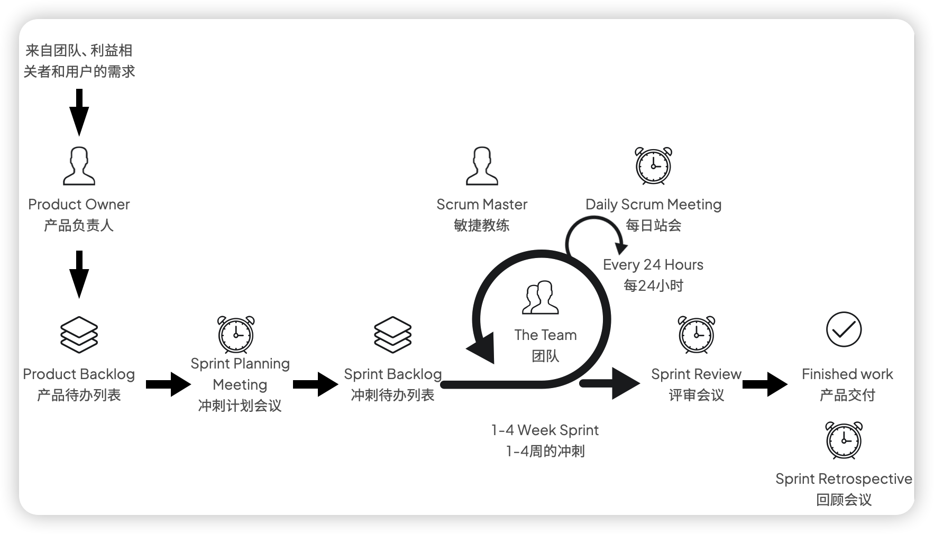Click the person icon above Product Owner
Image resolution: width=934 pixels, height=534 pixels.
tap(79, 166)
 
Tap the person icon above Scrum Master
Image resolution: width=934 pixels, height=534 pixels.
tap(482, 166)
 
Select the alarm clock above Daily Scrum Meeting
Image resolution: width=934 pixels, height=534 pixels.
tap(653, 166)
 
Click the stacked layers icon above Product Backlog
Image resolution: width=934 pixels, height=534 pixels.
tap(79, 335)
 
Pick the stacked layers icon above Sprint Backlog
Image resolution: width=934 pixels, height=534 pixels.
tap(392, 335)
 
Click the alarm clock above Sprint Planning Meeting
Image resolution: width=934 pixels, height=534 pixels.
tap(236, 335)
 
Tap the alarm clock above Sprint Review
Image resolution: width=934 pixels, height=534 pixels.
tap(697, 335)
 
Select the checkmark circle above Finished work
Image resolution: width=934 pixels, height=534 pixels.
tap(844, 329)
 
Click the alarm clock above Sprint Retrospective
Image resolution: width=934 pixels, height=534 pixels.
tap(844, 440)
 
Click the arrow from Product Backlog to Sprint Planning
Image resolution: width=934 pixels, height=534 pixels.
tap(168, 384)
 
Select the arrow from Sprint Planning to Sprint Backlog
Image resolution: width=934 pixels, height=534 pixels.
tap(315, 384)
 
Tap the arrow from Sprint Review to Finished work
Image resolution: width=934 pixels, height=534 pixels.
tap(764, 384)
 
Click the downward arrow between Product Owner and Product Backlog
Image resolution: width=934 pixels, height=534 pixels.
tap(79, 274)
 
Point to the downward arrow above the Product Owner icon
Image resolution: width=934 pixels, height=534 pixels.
tap(79, 112)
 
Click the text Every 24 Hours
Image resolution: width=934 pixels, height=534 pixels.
tap(653, 264)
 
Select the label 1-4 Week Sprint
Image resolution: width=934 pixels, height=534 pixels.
tap(545, 430)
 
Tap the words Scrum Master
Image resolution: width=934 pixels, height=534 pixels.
tap(482, 205)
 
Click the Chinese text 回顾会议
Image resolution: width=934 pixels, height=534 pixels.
tap(844, 500)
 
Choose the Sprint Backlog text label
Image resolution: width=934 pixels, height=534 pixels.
tap(392, 374)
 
